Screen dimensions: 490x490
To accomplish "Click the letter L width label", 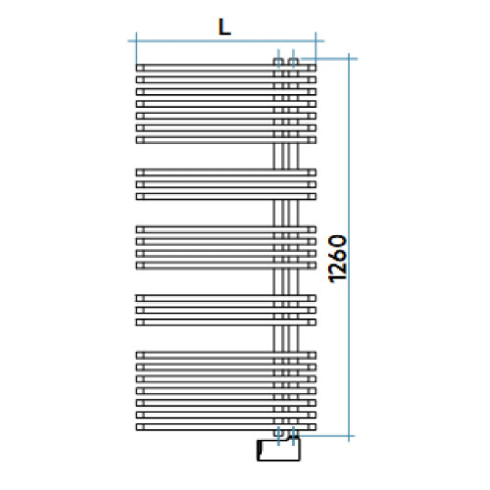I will (x=224, y=27).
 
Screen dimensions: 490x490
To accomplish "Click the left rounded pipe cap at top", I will (x=279, y=61).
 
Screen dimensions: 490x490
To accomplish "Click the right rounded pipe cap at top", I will (x=292, y=61).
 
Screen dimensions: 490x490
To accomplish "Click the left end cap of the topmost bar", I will (x=138, y=68).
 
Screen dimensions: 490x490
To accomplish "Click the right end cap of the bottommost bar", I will (x=314, y=426).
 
